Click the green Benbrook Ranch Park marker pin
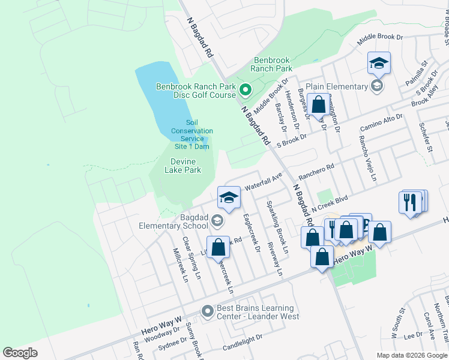pos(245,91)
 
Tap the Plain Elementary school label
pos(337,86)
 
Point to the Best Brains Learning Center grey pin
pos(207,311)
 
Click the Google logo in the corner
pos(20,353)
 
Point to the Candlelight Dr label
pos(243,343)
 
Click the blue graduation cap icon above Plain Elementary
pos(379,62)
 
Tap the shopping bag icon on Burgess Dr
pos(318,104)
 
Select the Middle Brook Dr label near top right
pos(380,40)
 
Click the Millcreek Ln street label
pos(181,265)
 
